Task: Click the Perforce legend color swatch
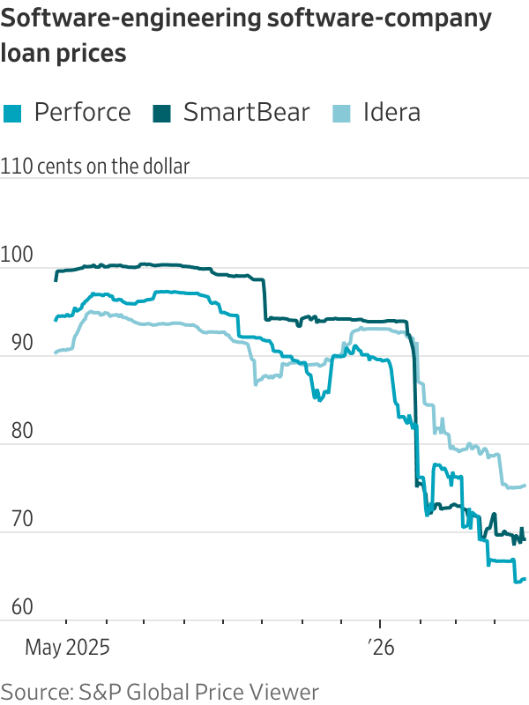[12, 113]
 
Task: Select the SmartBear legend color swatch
[162, 113]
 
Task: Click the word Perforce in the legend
[82, 113]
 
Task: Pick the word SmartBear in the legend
[247, 113]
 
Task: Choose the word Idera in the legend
[391, 113]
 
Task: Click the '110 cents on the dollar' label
[95, 166]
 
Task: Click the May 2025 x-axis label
[67, 648]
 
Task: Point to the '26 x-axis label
[381, 648]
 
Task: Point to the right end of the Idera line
[525, 486]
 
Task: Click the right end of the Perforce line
[525, 579]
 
